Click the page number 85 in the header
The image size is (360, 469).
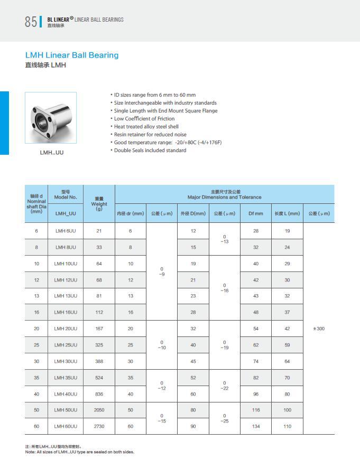pyautogui.click(x=31, y=22)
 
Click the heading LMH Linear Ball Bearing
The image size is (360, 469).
pyautogui.click(x=72, y=55)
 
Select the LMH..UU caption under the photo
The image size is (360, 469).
pyautogui.click(x=51, y=153)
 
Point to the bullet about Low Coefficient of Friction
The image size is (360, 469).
pyautogui.click(x=144, y=119)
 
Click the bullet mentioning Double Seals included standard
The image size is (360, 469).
pyautogui.click(x=150, y=151)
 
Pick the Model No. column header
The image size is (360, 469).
pyautogui.click(x=66, y=194)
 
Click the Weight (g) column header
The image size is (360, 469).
pyautogui.click(x=99, y=203)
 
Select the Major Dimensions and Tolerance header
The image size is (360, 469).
pyautogui.click(x=224, y=194)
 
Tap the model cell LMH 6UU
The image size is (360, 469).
pyautogui.click(x=66, y=231)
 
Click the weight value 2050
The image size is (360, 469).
pyautogui.click(x=99, y=410)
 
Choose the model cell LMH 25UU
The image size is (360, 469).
pyautogui.click(x=66, y=345)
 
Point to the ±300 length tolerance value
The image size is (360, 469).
pyautogui.click(x=319, y=329)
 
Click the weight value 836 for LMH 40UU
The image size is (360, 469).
pyautogui.click(x=99, y=393)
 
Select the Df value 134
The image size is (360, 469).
pyautogui.click(x=256, y=426)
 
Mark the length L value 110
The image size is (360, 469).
pyautogui.click(x=287, y=426)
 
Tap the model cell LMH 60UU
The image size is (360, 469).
pyautogui.click(x=66, y=426)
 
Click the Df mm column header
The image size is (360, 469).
pyautogui.click(x=256, y=213)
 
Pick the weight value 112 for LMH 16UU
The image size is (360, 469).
pyautogui.click(x=99, y=312)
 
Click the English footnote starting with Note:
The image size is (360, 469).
pyautogui.click(x=80, y=452)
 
